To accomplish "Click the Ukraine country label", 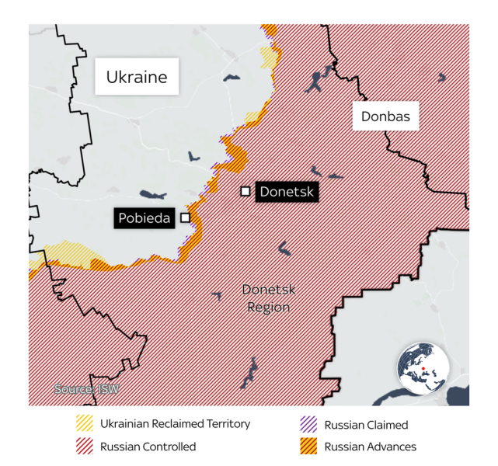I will pyautogui.click(x=137, y=77).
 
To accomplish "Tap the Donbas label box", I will pyautogui.click(x=385, y=117).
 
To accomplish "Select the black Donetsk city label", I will pyautogui.click(x=287, y=191).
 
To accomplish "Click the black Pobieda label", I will pyautogui.click(x=145, y=218).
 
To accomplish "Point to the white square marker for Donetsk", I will pyautogui.click(x=246, y=191).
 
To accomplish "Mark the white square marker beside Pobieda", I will pyautogui.click(x=185, y=218).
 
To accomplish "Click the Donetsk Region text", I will pyautogui.click(x=269, y=298).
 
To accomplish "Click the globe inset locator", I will pyautogui.click(x=423, y=367).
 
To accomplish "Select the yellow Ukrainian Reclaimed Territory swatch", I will pyautogui.click(x=84, y=424).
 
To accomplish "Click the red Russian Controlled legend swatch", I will pyautogui.click(x=84, y=447).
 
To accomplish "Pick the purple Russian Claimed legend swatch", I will pyautogui.click(x=308, y=424).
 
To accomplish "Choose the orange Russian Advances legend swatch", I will pyautogui.click(x=308, y=447).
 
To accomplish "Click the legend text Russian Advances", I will pyautogui.click(x=370, y=447).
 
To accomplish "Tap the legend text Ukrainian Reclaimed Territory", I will pyautogui.click(x=175, y=424).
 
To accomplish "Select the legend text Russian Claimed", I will pyautogui.click(x=366, y=425).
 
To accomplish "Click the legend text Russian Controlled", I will pyautogui.click(x=148, y=447).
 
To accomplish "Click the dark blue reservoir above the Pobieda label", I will pyautogui.click(x=153, y=195).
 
